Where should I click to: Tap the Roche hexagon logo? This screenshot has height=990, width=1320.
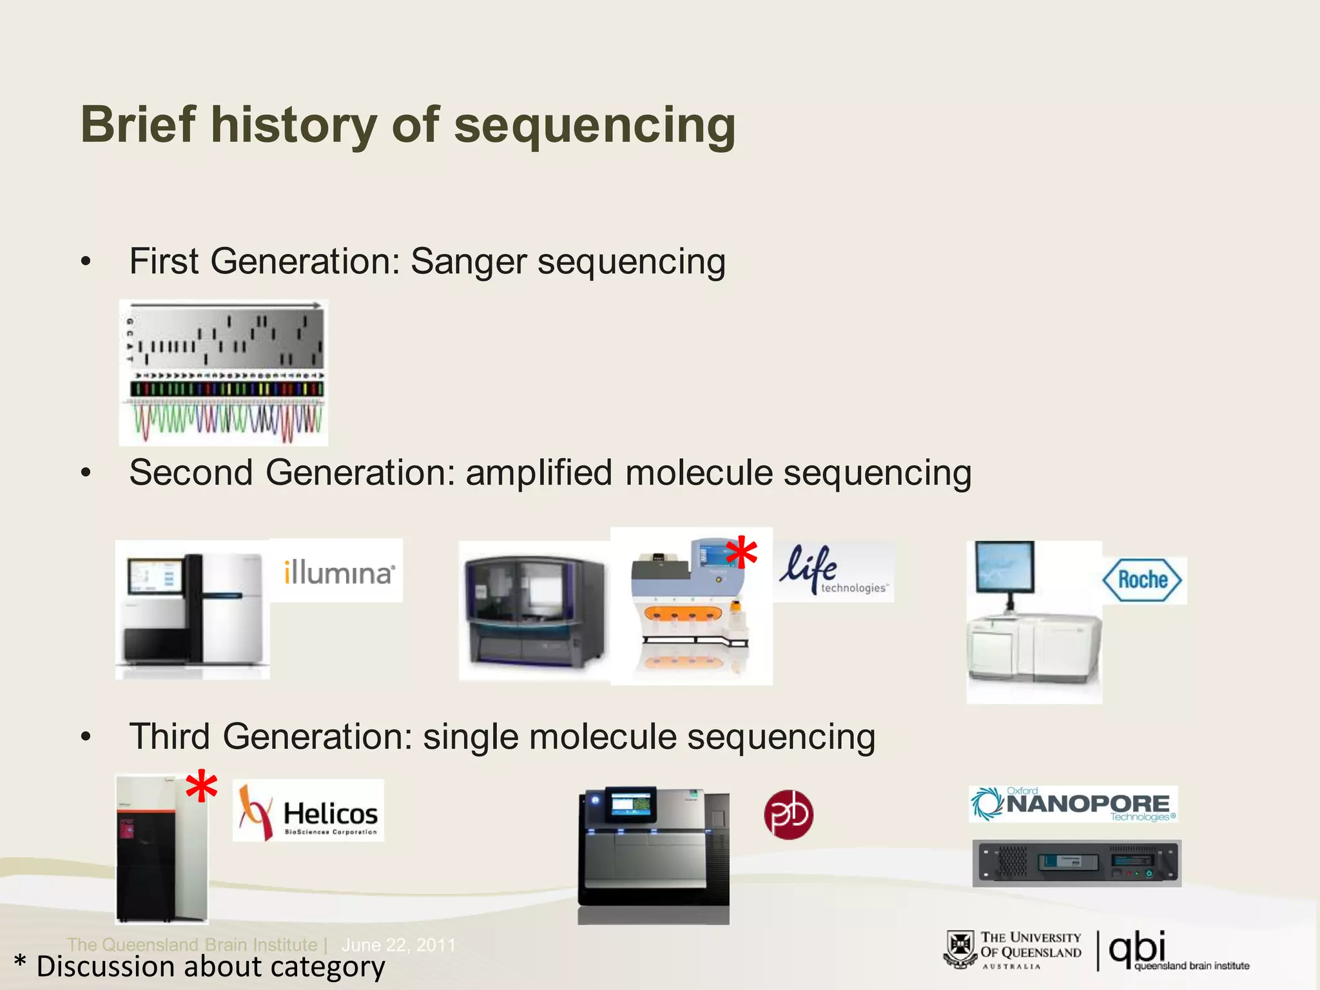click(x=1142, y=579)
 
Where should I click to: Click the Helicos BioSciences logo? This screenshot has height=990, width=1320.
click(x=308, y=811)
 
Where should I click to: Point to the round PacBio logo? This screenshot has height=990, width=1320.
click(x=788, y=815)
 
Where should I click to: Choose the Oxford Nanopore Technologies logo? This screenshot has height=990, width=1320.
click(x=1073, y=804)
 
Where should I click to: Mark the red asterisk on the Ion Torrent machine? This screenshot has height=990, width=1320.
click(x=741, y=552)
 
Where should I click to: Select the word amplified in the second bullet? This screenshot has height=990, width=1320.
click(x=538, y=472)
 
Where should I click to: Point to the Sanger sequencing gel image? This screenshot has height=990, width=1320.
click(x=224, y=373)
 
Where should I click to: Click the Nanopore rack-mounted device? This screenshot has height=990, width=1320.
click(x=1076, y=863)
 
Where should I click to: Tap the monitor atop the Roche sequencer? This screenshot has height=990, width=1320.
click(x=1004, y=567)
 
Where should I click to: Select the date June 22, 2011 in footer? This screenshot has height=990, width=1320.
click(x=398, y=945)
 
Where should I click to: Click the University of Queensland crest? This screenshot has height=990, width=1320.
click(x=960, y=949)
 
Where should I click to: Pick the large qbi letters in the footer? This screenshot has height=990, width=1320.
click(x=1137, y=949)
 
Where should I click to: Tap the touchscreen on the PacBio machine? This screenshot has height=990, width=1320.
click(x=630, y=804)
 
